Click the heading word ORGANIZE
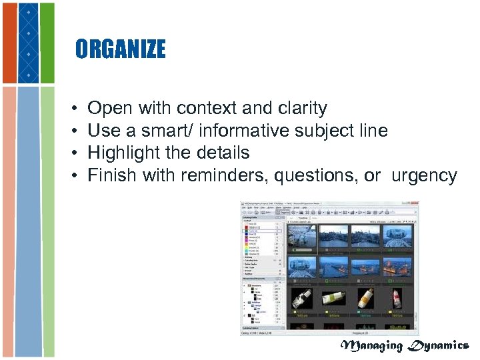[120, 49]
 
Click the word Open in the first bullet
[110, 108]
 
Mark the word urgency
[424, 175]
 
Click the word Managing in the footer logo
[372, 345]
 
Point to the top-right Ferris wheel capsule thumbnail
[398, 235]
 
